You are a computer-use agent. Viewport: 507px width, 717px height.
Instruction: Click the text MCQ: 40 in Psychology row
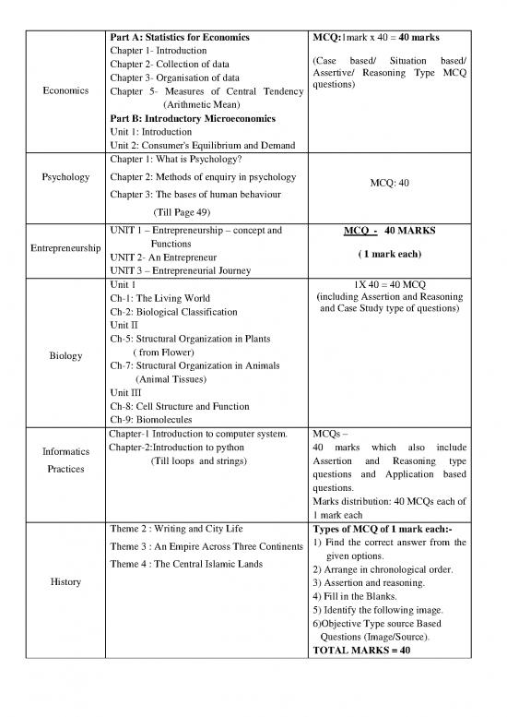click(x=390, y=183)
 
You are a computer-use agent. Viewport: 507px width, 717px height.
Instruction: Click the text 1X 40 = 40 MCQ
click(x=390, y=284)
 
